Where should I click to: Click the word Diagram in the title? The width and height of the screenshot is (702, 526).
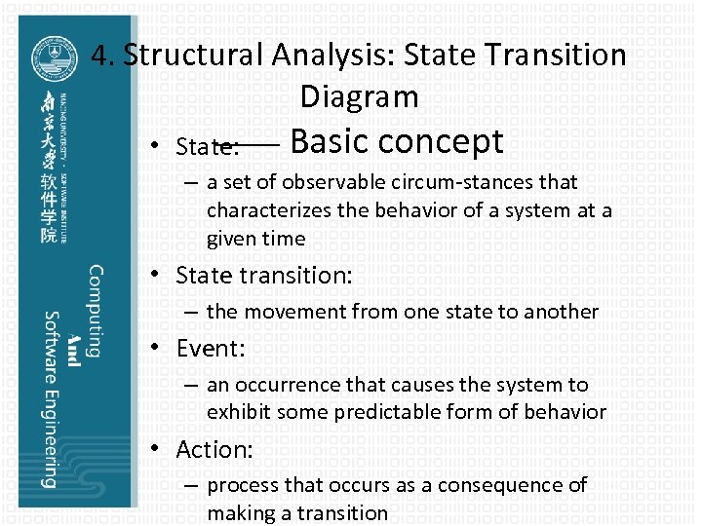(359, 96)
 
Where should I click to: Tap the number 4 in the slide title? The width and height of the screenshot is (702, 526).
(98, 55)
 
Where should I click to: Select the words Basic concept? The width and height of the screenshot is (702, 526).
(396, 142)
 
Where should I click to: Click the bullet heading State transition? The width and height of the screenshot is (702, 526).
(263, 276)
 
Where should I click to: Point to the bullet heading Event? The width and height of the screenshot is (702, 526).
(211, 348)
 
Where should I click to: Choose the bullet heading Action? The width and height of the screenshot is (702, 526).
(214, 449)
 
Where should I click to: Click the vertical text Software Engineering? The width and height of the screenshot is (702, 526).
(50, 398)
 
